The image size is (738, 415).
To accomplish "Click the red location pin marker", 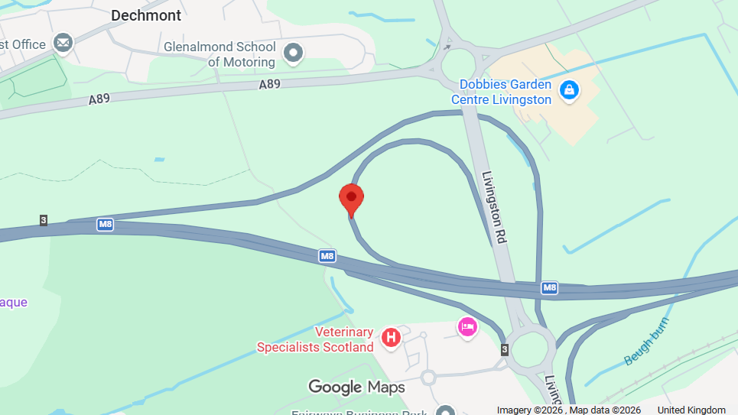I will click(x=351, y=199).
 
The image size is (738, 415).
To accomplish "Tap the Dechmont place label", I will click(x=146, y=15).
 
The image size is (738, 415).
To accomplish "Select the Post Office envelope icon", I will click(x=63, y=44).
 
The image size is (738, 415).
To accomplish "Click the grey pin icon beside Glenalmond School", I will click(x=293, y=53).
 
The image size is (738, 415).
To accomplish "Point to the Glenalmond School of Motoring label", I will click(x=219, y=54).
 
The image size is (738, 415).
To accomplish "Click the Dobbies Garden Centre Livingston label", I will click(x=501, y=92).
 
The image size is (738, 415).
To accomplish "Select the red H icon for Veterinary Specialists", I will click(x=391, y=336).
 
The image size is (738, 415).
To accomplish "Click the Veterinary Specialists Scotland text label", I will click(x=315, y=339).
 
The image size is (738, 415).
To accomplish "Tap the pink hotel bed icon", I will click(x=467, y=327).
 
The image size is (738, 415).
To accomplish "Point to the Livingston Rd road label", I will click(x=494, y=206).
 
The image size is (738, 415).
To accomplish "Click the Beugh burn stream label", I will click(x=646, y=342).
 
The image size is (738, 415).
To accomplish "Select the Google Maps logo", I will click(x=356, y=387).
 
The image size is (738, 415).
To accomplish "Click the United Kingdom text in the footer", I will click(x=691, y=410).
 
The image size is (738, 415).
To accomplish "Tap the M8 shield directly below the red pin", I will click(x=327, y=256).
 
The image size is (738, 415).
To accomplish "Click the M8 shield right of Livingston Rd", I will click(x=549, y=287).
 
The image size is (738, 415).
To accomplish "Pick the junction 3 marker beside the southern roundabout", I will click(x=504, y=349).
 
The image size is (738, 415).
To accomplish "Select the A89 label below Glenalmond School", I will click(x=269, y=84).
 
